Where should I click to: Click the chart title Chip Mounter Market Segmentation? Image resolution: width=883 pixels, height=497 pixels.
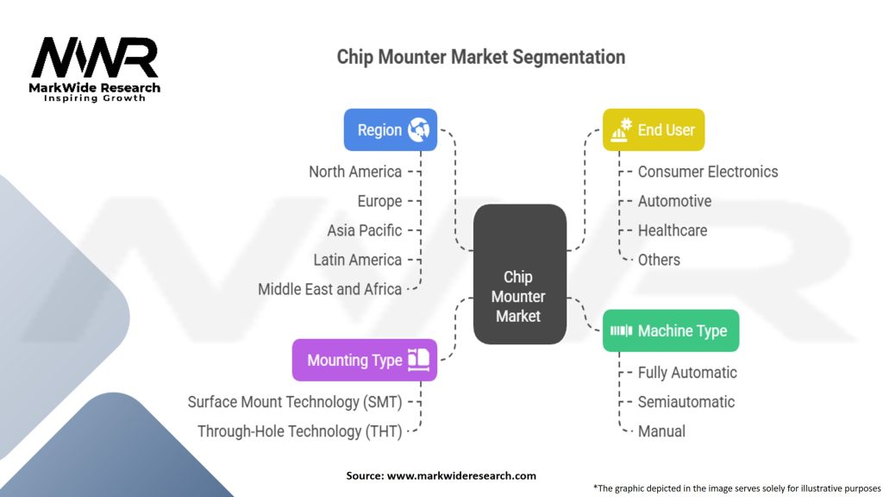click(480, 57)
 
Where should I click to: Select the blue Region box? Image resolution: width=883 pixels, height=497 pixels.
click(390, 129)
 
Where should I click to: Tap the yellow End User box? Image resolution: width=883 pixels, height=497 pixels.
click(654, 129)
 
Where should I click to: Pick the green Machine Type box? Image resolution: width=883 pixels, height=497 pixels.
click(670, 330)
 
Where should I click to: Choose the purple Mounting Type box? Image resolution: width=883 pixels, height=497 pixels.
click(364, 360)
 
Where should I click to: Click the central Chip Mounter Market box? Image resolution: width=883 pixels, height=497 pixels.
click(519, 296)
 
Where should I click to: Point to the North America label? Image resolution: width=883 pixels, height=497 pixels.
click(355, 172)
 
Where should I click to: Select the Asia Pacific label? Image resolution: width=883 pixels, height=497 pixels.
click(364, 230)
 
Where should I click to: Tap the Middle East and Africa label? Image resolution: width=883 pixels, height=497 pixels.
click(329, 289)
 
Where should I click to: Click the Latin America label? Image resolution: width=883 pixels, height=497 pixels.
click(357, 260)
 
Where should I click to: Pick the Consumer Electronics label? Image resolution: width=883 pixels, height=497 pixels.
click(708, 172)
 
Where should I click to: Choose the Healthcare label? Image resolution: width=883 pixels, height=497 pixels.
click(673, 230)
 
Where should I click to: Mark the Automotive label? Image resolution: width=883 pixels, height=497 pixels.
click(674, 201)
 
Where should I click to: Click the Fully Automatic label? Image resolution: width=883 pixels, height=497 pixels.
click(687, 373)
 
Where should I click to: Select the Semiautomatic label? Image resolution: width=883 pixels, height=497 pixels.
click(686, 402)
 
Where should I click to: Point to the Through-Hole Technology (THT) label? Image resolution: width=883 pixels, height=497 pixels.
click(299, 431)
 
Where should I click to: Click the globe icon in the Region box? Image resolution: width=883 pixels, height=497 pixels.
click(419, 129)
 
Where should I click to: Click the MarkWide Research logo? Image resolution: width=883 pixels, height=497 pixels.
click(95, 69)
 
